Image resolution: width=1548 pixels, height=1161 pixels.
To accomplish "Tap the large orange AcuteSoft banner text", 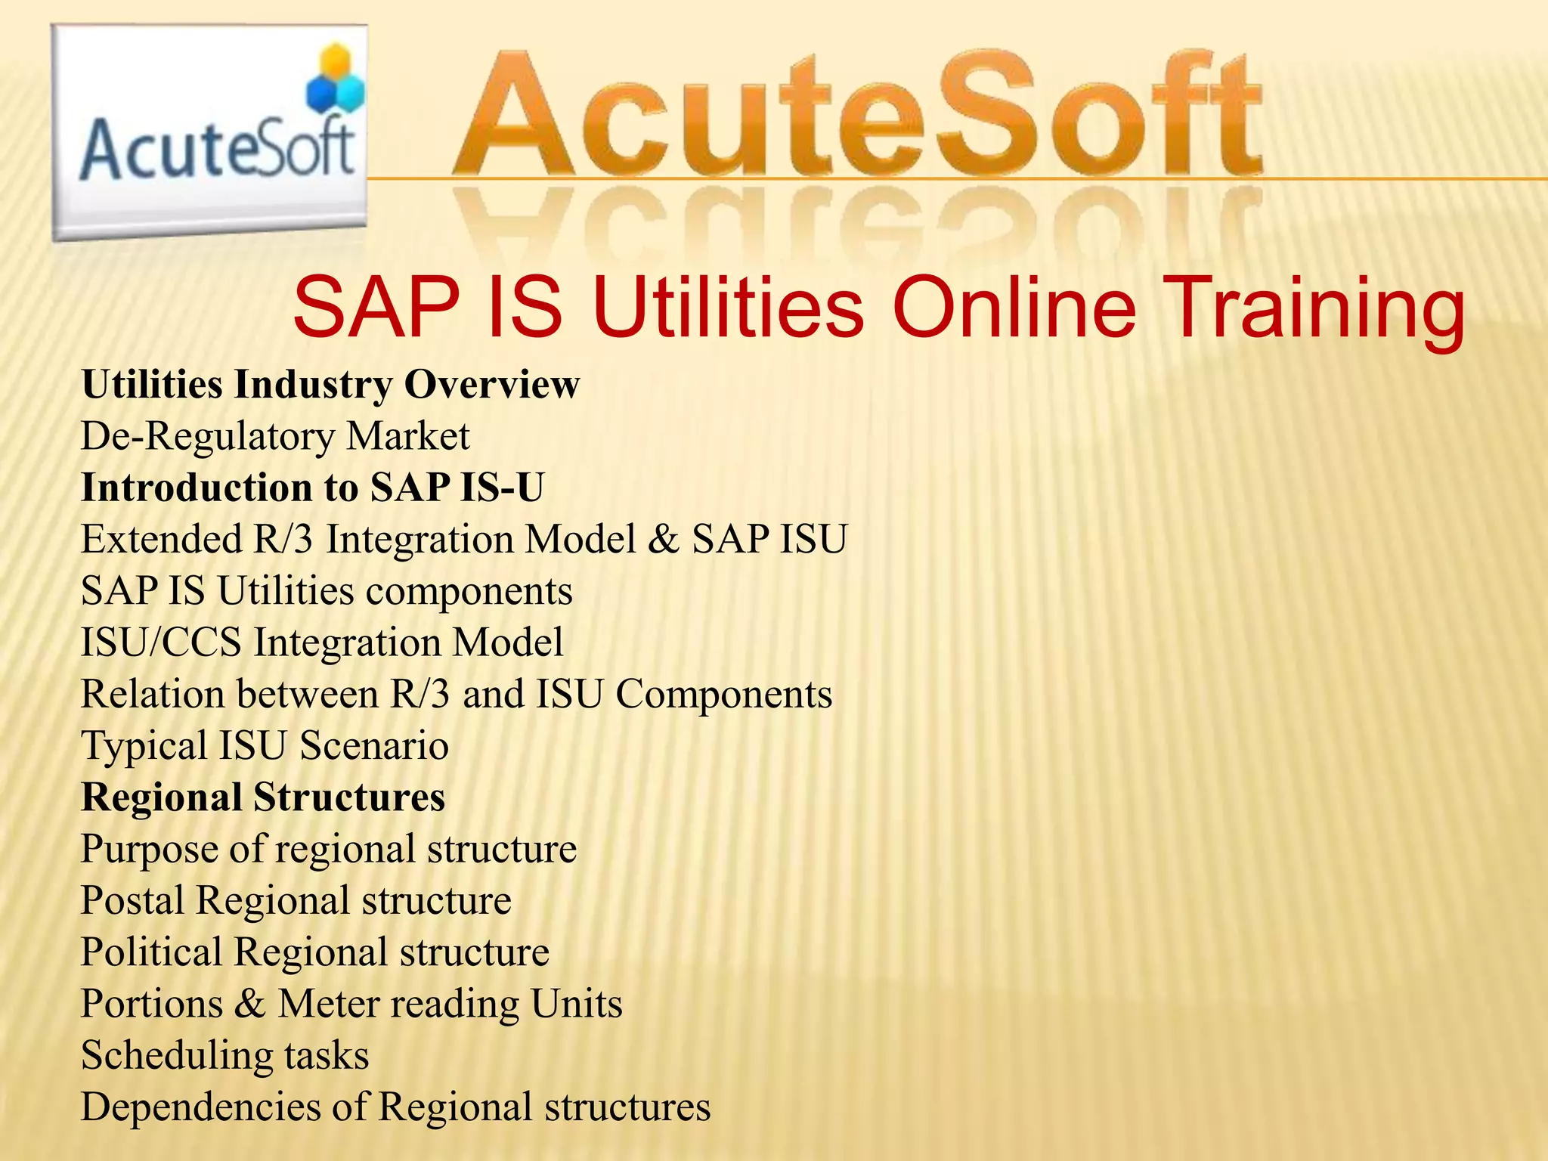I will pos(858,113).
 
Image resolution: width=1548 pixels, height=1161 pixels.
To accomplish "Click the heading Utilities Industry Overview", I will pos(330,385).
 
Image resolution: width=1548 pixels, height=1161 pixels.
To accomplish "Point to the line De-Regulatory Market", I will pos(275,437).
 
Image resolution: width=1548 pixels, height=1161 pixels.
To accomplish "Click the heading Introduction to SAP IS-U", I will pos(312,488).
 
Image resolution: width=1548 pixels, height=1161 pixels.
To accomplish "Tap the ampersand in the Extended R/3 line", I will pos(663,540).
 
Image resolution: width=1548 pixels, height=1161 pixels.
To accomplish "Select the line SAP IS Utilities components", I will pos(327,591).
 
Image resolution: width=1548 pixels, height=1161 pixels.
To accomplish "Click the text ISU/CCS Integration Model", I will pos(322,642).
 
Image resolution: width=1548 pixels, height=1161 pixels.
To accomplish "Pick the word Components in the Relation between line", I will pos(723,694).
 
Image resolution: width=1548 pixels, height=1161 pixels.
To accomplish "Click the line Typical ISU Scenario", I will pos(265,746).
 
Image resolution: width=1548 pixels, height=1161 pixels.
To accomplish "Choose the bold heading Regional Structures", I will pos(263,797).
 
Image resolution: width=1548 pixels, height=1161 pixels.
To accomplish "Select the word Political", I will pos(150,952).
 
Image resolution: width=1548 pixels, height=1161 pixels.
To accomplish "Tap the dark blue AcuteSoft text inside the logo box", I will pos(217,151).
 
